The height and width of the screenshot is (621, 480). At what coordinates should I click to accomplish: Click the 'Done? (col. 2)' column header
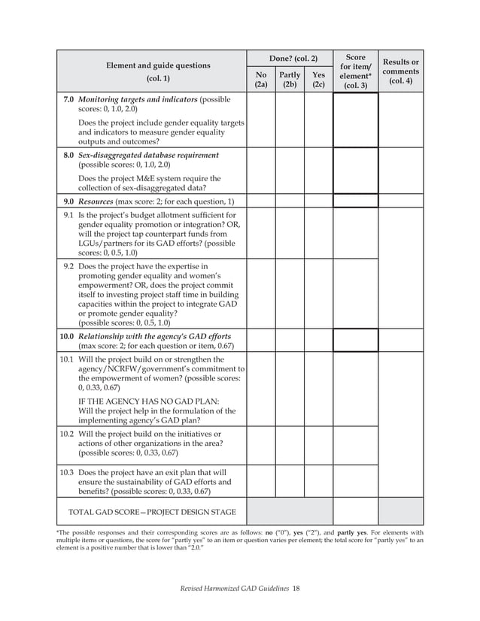(290, 58)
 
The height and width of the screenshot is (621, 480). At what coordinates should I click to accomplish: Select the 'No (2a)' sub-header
(261, 80)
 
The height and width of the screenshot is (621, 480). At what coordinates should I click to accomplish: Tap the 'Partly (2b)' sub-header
(290, 80)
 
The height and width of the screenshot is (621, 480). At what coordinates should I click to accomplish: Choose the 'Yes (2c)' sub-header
(318, 80)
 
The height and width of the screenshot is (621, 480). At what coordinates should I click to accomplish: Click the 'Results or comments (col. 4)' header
(401, 71)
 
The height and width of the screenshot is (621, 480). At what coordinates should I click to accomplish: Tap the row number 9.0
(68, 201)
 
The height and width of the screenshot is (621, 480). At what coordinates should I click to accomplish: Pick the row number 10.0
(66, 335)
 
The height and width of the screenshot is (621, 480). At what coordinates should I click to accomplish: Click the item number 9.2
(68, 266)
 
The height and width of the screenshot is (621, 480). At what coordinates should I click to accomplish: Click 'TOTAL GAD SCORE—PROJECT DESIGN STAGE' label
(152, 512)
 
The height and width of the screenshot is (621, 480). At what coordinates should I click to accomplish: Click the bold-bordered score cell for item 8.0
(355, 171)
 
